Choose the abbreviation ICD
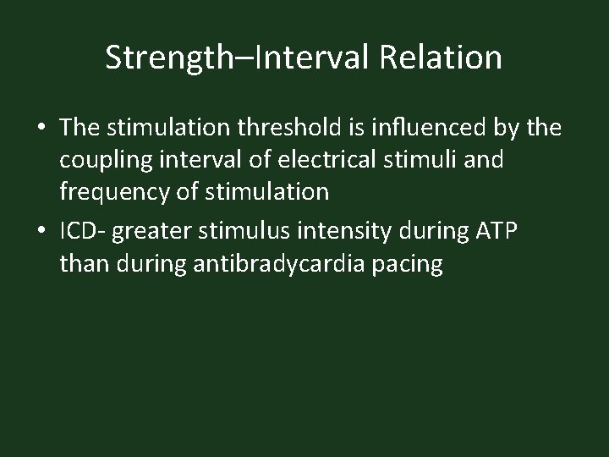pos(80,231)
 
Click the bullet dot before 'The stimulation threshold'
pos(41,128)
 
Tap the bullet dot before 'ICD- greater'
pos(41,231)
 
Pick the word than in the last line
pos(82,264)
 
